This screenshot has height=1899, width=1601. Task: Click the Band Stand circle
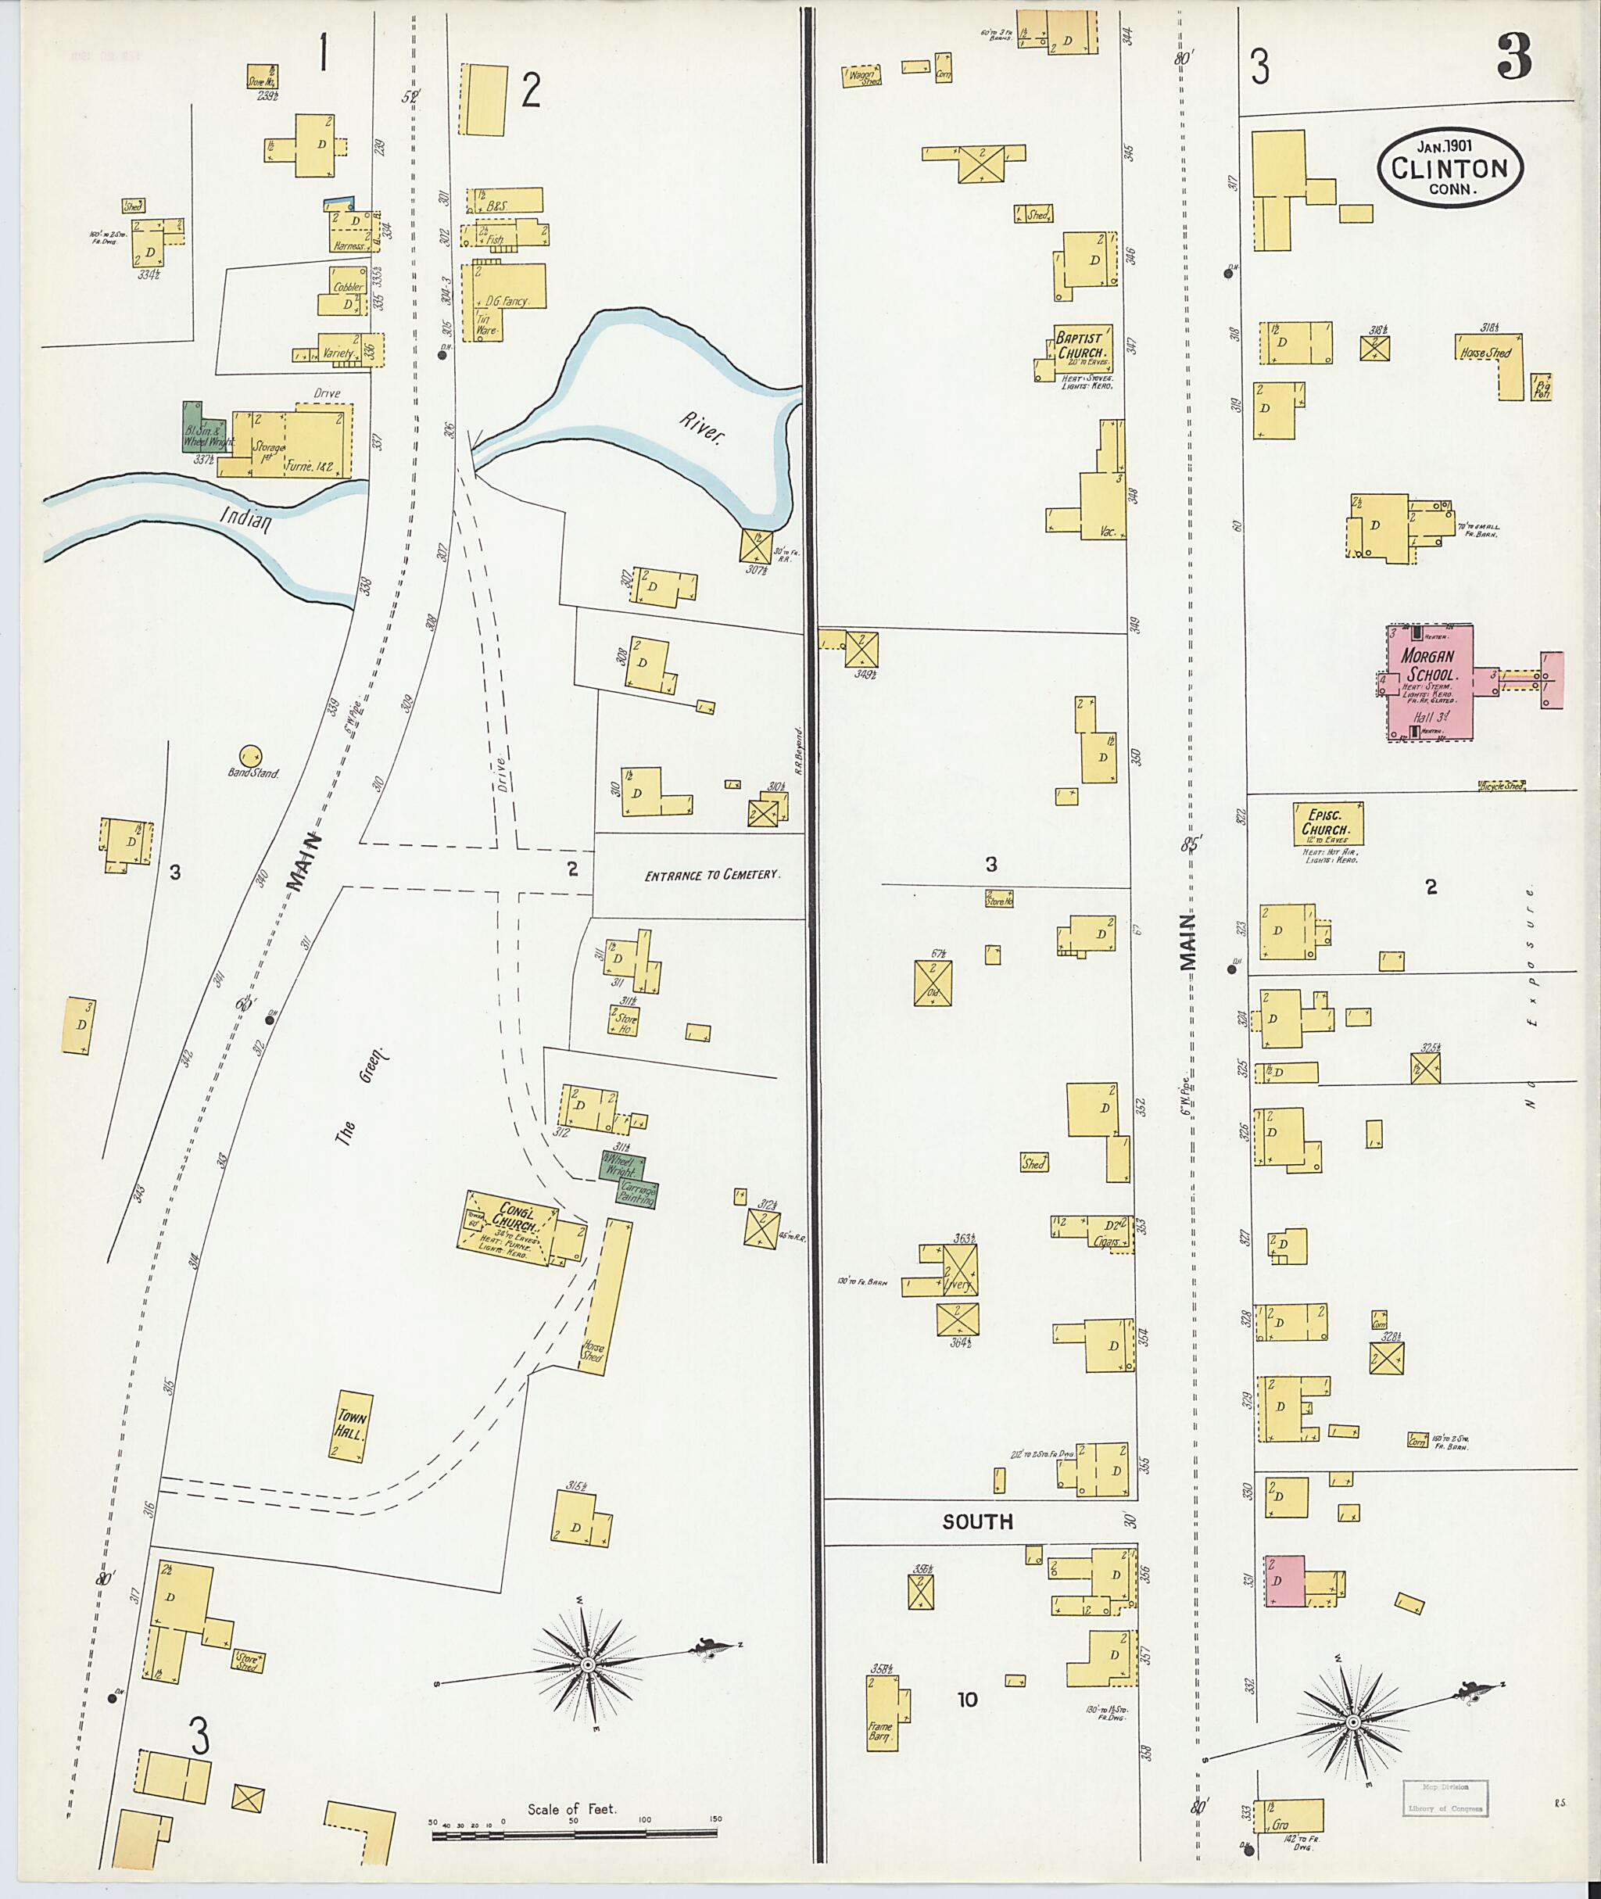(250, 755)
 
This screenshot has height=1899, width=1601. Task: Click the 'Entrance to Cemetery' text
(711, 876)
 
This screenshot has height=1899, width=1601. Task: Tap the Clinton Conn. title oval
(1449, 168)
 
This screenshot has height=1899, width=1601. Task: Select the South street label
(976, 1521)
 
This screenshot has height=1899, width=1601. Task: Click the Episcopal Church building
(1328, 823)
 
